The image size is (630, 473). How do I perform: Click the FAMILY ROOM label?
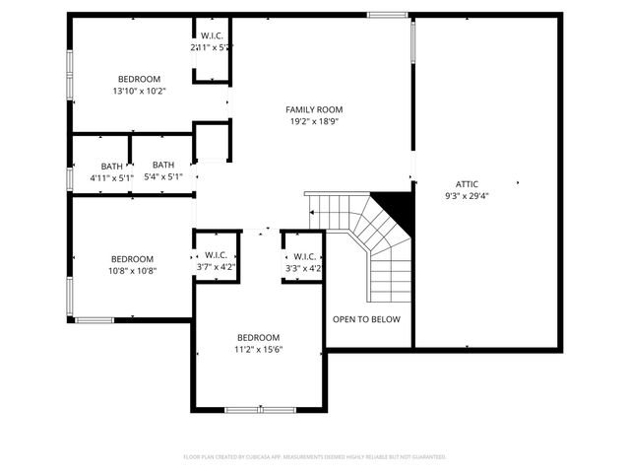(314, 109)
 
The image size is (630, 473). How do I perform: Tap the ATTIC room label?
(467, 183)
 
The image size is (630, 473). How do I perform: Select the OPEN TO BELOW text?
(366, 319)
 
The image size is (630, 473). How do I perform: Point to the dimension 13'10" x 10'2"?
(139, 92)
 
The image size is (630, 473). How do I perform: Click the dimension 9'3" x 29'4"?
(467, 196)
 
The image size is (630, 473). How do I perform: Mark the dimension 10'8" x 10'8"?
(132, 271)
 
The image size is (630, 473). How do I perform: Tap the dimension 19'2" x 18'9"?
(314, 122)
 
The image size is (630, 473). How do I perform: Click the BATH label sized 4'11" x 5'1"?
(111, 166)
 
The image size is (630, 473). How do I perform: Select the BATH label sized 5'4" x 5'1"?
(163, 166)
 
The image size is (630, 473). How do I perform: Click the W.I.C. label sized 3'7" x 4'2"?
(217, 254)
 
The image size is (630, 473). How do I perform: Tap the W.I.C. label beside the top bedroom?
(211, 35)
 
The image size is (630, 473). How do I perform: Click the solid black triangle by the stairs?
(397, 205)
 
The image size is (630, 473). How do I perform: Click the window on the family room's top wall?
(387, 15)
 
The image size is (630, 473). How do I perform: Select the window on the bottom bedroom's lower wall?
(259, 409)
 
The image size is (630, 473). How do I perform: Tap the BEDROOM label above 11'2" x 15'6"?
(258, 337)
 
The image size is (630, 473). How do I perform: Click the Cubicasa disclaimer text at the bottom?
(315, 457)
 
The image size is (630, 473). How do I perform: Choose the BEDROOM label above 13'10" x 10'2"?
(139, 79)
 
